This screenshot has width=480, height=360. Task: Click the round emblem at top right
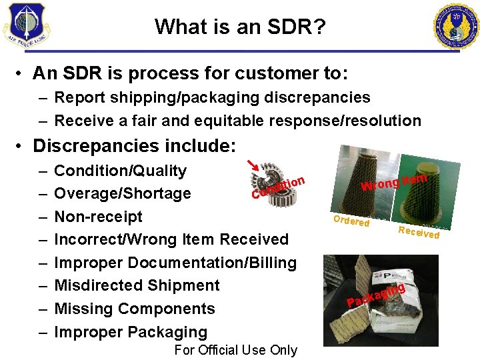tap(457, 26)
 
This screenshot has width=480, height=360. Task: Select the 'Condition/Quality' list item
tap(120, 171)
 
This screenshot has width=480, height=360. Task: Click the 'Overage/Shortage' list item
tap(122, 193)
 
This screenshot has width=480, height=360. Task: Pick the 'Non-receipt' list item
tap(98, 217)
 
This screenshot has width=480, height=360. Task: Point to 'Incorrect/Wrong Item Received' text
tap(171, 239)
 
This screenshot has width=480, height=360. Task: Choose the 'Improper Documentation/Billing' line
tap(175, 263)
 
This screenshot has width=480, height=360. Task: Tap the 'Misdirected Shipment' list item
tap(137, 285)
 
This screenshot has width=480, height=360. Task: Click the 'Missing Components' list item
tap(134, 309)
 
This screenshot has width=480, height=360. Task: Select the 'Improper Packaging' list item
tap(131, 332)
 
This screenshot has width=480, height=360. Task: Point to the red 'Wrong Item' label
tap(394, 181)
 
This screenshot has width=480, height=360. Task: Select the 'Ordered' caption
tap(351, 221)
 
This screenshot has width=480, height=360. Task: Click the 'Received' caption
tap(418, 231)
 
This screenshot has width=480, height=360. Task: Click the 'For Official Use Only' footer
tap(235, 350)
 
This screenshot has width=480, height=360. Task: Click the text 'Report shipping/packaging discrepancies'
tap(212, 97)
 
